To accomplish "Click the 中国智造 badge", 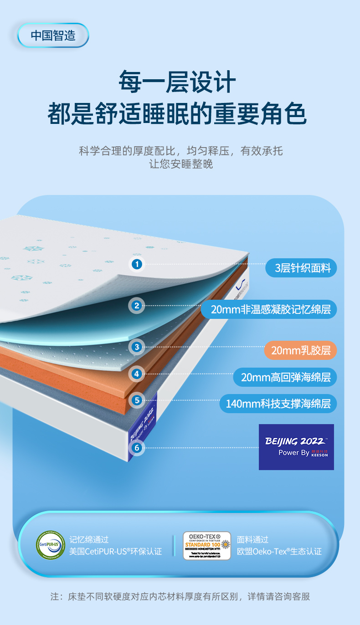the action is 53,35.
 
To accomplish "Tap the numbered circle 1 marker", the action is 137,264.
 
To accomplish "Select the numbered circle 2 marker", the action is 136,305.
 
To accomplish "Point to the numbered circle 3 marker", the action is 136,347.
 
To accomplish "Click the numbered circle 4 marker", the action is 136,374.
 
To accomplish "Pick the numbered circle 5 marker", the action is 136,401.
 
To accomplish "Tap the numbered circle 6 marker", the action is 136,448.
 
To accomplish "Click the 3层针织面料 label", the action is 301,268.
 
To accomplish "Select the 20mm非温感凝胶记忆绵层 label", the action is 269,310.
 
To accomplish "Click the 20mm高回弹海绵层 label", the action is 285,377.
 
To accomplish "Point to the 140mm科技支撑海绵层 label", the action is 278,404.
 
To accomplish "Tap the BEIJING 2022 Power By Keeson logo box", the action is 296,447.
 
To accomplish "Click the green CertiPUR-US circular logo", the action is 50,545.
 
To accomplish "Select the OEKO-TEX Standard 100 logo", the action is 207,545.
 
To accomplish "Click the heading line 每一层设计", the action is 177,82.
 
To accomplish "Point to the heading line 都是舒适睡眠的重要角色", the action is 177,113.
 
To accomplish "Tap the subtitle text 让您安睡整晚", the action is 181,164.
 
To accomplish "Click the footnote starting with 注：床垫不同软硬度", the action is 180,597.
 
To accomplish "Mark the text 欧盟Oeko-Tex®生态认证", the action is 279,552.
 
